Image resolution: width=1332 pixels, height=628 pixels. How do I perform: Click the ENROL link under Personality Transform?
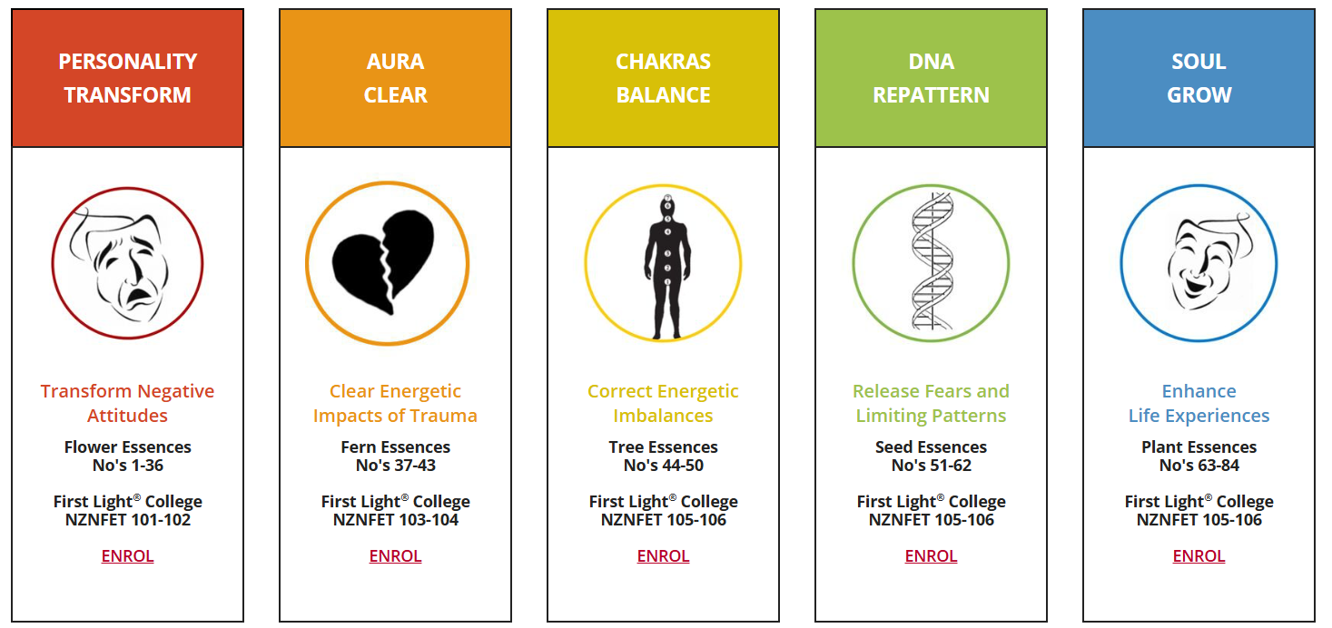click(x=127, y=556)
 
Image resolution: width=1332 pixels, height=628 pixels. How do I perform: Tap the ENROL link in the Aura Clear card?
click(x=396, y=556)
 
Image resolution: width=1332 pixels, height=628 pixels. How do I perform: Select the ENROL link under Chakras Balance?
click(x=663, y=556)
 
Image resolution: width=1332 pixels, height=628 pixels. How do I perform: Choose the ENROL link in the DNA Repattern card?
click(x=932, y=556)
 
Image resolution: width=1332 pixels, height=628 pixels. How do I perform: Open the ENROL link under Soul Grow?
click(x=1199, y=556)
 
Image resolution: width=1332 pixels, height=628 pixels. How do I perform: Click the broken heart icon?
click(x=383, y=261)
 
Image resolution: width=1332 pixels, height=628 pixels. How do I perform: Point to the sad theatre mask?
click(x=119, y=261)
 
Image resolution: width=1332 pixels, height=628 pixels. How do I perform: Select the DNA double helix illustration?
click(x=932, y=261)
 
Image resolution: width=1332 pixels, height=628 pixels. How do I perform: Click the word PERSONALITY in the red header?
click(x=127, y=61)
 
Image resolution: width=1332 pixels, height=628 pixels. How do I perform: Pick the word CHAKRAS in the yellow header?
click(x=663, y=61)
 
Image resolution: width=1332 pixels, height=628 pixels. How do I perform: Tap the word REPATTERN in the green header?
click(x=932, y=95)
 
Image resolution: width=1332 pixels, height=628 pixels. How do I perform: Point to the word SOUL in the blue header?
click(x=1199, y=61)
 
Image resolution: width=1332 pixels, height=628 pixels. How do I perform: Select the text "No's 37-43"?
click(x=396, y=466)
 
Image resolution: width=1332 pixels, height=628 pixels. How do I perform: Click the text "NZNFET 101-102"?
click(x=127, y=520)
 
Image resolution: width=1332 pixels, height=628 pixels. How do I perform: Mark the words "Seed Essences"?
click(x=932, y=446)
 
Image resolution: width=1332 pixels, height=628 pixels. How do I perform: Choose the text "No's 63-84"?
click(x=1199, y=466)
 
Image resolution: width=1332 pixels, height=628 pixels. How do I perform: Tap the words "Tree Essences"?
click(x=663, y=446)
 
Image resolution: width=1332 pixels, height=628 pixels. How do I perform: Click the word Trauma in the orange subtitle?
click(x=443, y=416)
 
